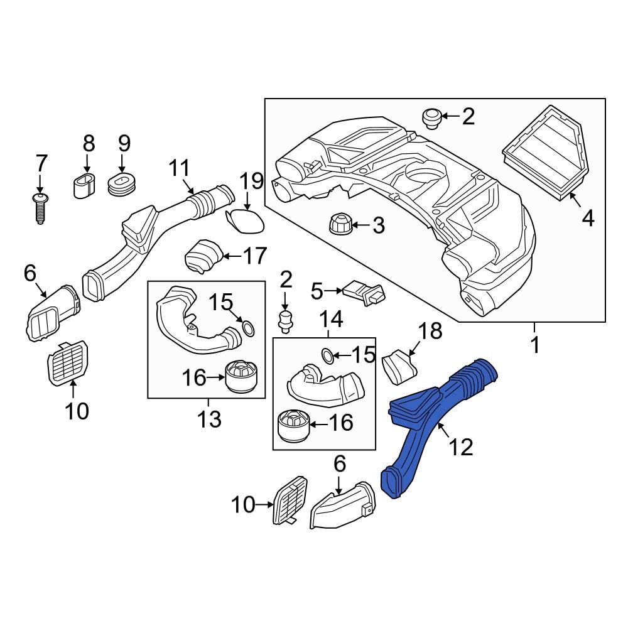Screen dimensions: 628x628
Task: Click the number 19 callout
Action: click(x=251, y=183)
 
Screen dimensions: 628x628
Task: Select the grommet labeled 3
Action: click(x=338, y=224)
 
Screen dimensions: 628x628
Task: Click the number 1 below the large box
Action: click(x=535, y=345)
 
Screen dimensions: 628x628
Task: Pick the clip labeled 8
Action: click(x=86, y=184)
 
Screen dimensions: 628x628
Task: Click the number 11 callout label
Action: click(x=179, y=169)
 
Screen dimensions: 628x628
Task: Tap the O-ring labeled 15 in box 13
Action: click(x=248, y=328)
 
